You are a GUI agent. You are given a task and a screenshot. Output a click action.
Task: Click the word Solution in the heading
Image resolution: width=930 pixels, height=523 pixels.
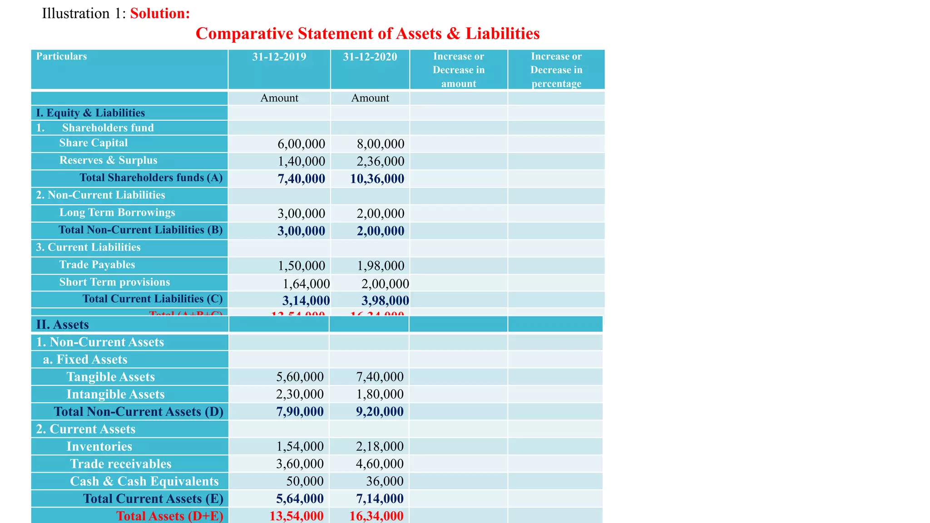point(160,14)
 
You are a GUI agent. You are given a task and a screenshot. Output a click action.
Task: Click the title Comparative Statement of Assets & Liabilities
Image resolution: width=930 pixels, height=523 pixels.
point(367,34)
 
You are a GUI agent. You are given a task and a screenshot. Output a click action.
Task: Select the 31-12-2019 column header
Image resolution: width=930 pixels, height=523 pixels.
point(279,57)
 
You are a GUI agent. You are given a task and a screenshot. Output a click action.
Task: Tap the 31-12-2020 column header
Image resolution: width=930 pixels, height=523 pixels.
point(370,57)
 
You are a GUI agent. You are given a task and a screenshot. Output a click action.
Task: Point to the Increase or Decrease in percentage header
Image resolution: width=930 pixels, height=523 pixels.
point(556,70)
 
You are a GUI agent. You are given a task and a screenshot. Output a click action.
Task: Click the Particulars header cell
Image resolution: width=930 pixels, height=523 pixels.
point(61,56)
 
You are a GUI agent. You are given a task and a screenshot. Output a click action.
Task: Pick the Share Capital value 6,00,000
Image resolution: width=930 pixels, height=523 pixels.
point(301,144)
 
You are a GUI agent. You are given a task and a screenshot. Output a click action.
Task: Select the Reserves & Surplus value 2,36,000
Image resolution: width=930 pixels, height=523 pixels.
point(380,161)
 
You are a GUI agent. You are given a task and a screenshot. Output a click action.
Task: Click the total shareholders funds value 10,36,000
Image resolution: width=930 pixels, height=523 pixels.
point(377,179)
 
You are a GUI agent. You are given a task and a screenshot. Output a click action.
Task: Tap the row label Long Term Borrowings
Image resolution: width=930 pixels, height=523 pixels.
point(117,212)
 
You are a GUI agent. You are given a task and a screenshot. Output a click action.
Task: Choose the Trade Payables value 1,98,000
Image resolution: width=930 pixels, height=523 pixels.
point(380,266)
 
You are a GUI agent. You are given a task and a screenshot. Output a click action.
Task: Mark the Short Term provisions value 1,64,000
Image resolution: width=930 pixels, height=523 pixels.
point(306,284)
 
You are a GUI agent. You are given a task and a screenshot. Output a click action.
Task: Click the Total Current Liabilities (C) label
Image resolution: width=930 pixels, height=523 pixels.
point(152,299)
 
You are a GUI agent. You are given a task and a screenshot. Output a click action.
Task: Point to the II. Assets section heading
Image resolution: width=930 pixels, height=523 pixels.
point(62,325)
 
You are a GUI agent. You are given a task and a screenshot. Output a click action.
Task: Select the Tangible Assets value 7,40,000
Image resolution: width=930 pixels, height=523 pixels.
point(380,377)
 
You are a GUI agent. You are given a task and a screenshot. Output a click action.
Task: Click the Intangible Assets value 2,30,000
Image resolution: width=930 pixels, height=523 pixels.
point(300,394)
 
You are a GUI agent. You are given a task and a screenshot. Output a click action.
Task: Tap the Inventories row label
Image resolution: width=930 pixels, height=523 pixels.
point(99,446)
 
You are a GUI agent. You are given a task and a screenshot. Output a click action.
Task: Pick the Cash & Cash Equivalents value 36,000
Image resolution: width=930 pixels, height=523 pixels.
point(385,481)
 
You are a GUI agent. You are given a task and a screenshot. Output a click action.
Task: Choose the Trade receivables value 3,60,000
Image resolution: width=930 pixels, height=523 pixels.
point(300,464)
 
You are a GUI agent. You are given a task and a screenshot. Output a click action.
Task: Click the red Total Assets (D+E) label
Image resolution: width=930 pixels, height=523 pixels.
point(169,516)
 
